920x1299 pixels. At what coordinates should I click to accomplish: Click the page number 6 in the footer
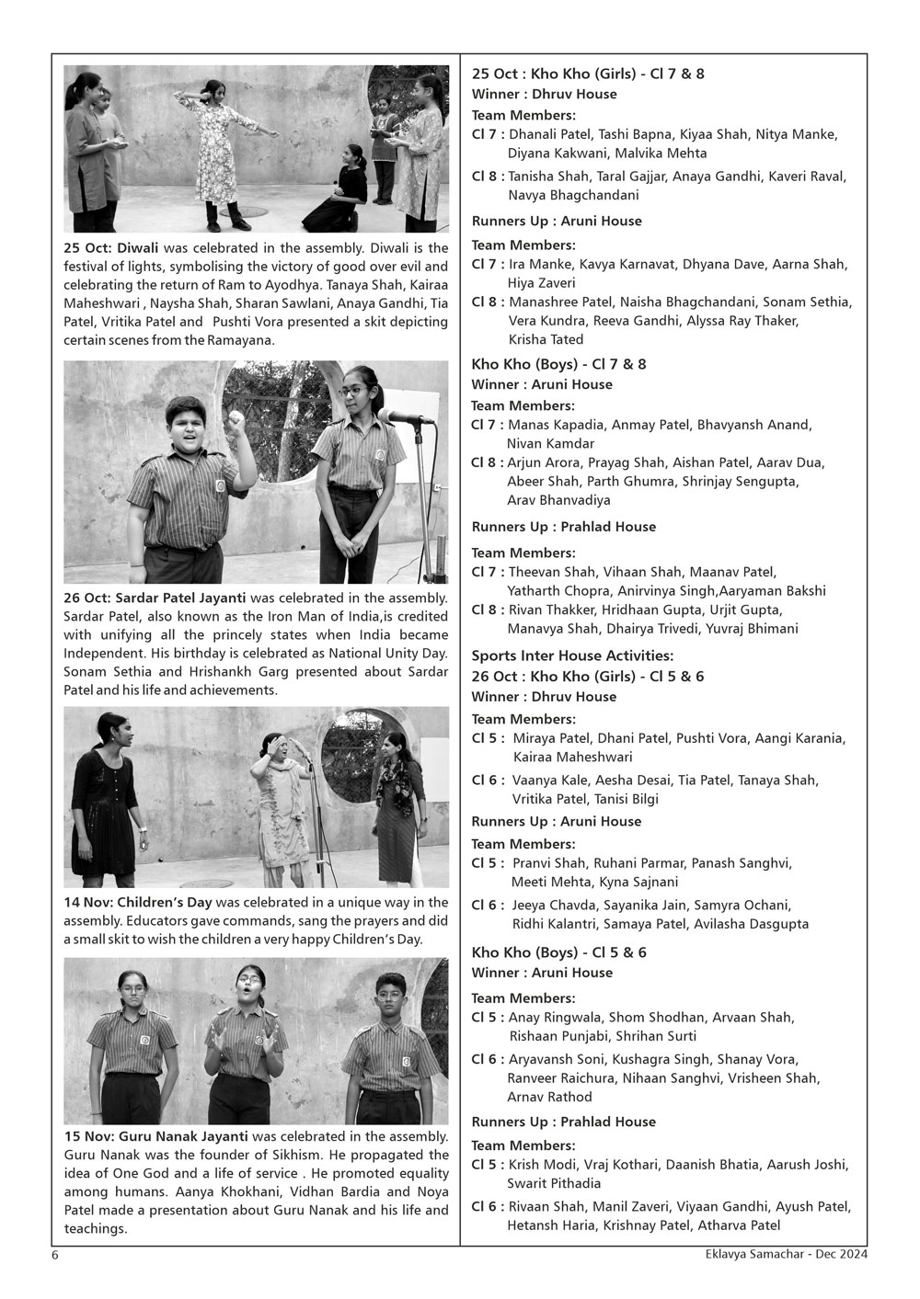coord(55,1253)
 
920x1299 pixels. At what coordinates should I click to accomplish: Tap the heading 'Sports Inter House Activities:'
coord(572,655)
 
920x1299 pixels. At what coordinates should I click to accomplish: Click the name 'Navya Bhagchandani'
coord(573,195)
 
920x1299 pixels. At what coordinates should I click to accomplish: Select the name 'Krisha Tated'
coord(546,339)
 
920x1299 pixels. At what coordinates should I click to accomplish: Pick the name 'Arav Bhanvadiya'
coord(558,500)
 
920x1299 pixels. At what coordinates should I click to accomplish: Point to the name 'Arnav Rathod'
coord(549,1097)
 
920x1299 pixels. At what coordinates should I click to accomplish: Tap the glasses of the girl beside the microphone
coord(352,390)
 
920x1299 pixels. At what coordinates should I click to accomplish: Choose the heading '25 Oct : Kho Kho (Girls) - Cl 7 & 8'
coord(588,74)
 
